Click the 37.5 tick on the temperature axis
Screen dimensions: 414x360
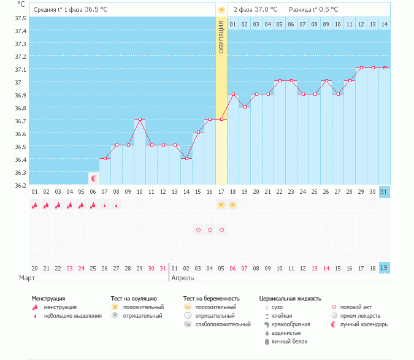point(20,18)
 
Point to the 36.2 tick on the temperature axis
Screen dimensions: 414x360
point(20,185)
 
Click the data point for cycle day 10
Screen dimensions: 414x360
point(140,120)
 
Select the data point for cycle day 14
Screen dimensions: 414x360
point(186,158)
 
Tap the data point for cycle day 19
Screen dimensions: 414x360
point(245,107)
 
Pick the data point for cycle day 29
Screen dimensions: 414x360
point(361,68)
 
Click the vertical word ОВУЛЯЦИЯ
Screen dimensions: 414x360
point(221,37)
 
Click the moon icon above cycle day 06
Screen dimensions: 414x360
point(94,178)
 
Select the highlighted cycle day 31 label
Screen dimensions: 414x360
point(384,192)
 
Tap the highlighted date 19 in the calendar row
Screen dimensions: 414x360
point(384,267)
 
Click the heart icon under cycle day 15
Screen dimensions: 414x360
point(198,230)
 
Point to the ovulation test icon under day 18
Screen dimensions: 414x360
point(232,205)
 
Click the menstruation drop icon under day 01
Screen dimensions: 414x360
point(34,205)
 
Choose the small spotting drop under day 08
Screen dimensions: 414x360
point(116,205)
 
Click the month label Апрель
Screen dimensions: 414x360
point(182,278)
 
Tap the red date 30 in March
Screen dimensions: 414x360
point(151,269)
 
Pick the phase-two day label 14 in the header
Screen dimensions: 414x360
point(385,25)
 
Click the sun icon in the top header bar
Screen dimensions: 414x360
point(221,10)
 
